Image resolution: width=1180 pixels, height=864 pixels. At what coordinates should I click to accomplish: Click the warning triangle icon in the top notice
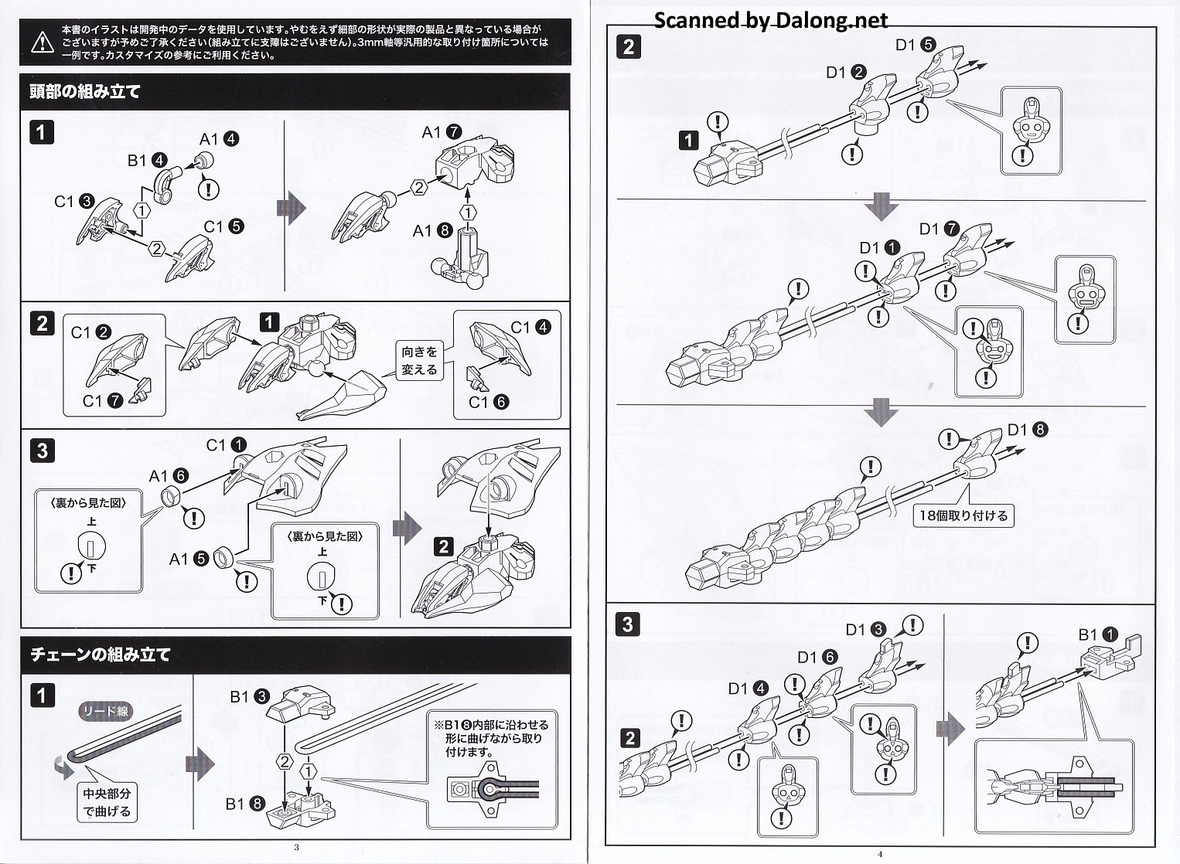point(43,42)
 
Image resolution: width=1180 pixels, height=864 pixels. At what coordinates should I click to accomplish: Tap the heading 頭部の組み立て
point(85,91)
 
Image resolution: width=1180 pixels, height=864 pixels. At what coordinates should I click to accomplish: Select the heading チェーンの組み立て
point(101,655)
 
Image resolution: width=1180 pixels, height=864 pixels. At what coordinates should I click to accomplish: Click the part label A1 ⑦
point(442,132)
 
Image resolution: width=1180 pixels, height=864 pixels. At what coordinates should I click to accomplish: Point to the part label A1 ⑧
point(432,230)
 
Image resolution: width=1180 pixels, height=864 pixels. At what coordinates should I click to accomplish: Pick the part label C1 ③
point(74,202)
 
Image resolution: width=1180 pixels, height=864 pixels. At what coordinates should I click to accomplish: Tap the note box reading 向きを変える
point(419,361)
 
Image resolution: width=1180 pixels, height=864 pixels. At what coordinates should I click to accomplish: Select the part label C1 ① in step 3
point(227,445)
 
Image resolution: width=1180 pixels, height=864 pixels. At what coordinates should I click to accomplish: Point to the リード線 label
point(105,712)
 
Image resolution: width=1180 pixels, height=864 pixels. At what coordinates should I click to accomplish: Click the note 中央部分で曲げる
point(107,802)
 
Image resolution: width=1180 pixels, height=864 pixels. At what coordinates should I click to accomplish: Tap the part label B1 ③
point(249,696)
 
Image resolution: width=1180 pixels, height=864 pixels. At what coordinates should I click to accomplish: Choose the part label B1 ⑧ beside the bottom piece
point(245,804)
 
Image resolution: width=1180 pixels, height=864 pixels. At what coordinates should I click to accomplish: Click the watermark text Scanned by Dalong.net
point(771,20)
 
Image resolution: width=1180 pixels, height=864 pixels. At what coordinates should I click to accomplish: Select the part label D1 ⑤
point(916,45)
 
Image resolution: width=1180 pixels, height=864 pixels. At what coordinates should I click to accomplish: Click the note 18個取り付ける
point(963,515)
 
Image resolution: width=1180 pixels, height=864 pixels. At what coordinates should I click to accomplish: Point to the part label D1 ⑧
point(1028,430)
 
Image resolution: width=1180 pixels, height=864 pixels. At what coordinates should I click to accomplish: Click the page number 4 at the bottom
point(880,854)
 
